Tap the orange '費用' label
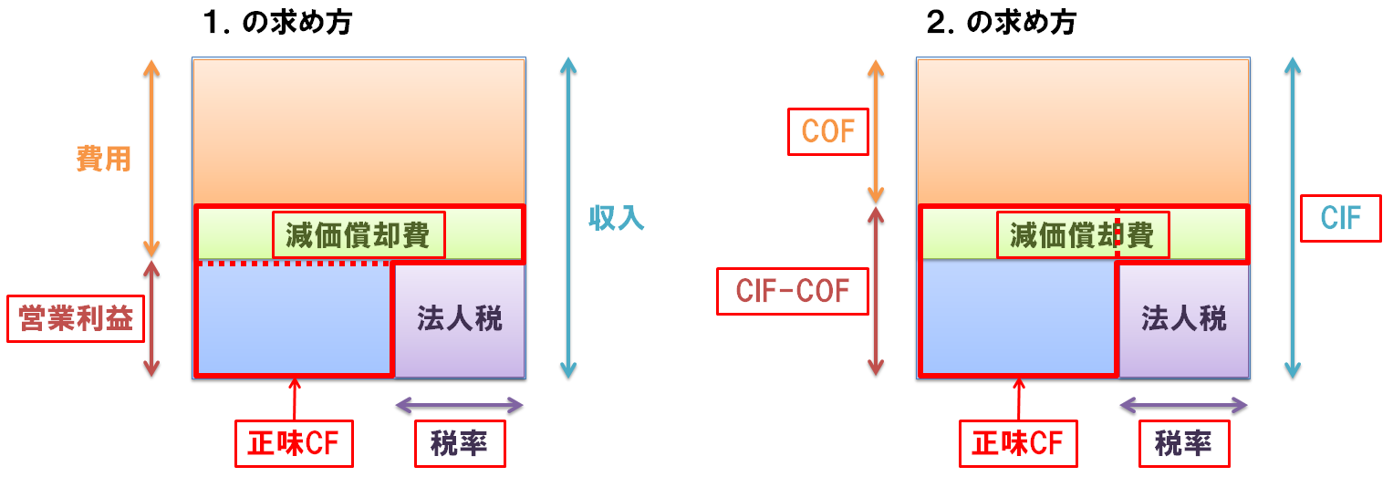(103, 160)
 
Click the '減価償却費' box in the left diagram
(359, 236)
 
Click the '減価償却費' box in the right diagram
(1081, 236)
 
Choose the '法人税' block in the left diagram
(459, 319)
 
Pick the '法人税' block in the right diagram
(1183, 319)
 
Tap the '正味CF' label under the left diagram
(294, 444)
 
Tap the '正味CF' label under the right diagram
(1018, 444)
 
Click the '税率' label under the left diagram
(459, 444)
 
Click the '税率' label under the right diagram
(1183, 444)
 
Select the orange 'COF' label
(827, 133)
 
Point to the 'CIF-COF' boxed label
(793, 291)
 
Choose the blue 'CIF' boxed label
(1340, 218)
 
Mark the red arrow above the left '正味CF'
(294, 398)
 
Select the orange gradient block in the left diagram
(359, 130)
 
